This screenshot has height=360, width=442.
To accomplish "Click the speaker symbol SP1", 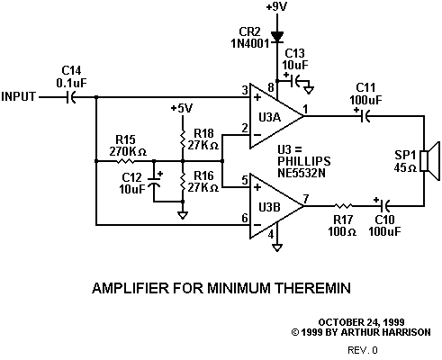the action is (431, 161).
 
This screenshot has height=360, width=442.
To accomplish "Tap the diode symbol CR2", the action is (277, 37).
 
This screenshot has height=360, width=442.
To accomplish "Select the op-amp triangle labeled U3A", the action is (276, 116).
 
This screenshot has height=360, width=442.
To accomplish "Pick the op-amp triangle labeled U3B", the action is (276, 206).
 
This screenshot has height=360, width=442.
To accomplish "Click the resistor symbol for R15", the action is (125, 161).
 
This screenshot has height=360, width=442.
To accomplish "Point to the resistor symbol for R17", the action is (344, 206).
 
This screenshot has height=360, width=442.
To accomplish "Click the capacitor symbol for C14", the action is (71, 97).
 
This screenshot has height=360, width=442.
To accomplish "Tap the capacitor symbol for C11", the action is (365, 116).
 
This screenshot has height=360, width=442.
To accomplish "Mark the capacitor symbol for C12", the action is (154, 183).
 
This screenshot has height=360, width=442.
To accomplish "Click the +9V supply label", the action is (276, 6).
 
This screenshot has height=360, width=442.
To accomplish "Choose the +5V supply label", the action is (182, 108).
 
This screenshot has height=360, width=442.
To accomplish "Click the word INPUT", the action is (19, 96).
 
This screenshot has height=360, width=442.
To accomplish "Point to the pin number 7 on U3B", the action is (306, 199).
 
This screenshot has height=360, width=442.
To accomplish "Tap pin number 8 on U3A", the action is (271, 87).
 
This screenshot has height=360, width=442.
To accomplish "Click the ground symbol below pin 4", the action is (277, 247).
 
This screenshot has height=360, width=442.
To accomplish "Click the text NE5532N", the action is (302, 173).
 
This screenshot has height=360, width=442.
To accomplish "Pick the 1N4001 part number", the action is (250, 43).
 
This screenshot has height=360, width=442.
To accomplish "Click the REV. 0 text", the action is (363, 350).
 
